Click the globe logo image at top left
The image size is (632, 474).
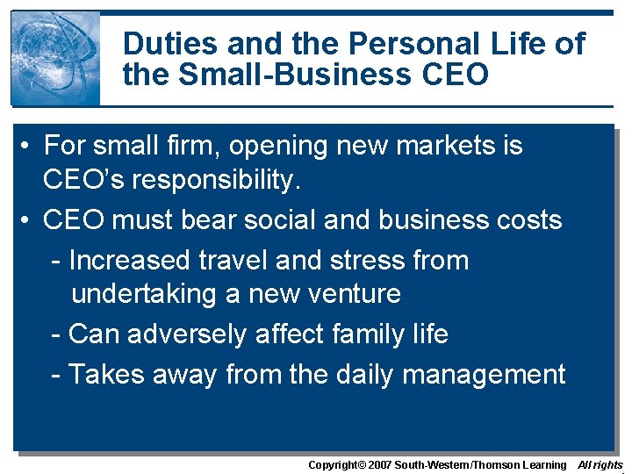(x=54, y=58)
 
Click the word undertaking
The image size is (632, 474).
(x=145, y=294)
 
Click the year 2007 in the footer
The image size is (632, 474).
(x=377, y=465)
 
